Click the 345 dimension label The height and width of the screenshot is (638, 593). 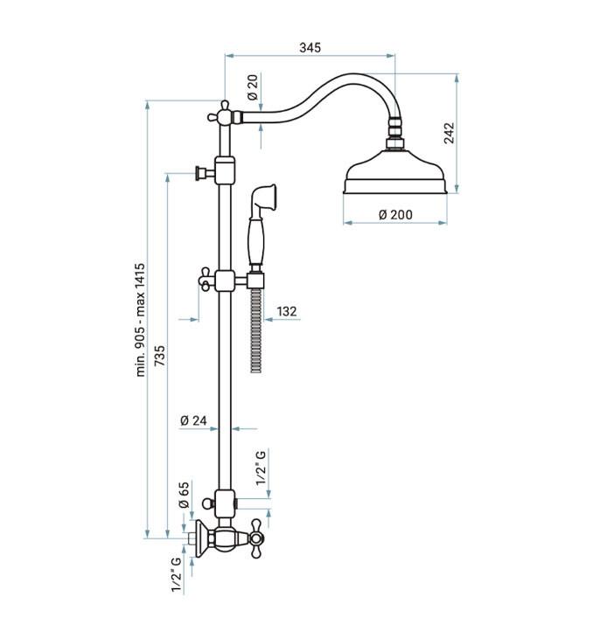[x=310, y=47]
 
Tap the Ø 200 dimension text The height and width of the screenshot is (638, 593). [x=395, y=214]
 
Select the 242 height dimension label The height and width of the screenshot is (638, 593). [x=449, y=133]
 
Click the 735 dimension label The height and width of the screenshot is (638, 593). [x=160, y=355]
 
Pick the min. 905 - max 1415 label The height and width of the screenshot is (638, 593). [x=140, y=320]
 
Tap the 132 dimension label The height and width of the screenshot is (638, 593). [x=287, y=311]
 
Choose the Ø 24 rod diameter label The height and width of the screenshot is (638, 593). [x=193, y=420]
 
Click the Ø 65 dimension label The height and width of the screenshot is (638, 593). [x=184, y=495]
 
